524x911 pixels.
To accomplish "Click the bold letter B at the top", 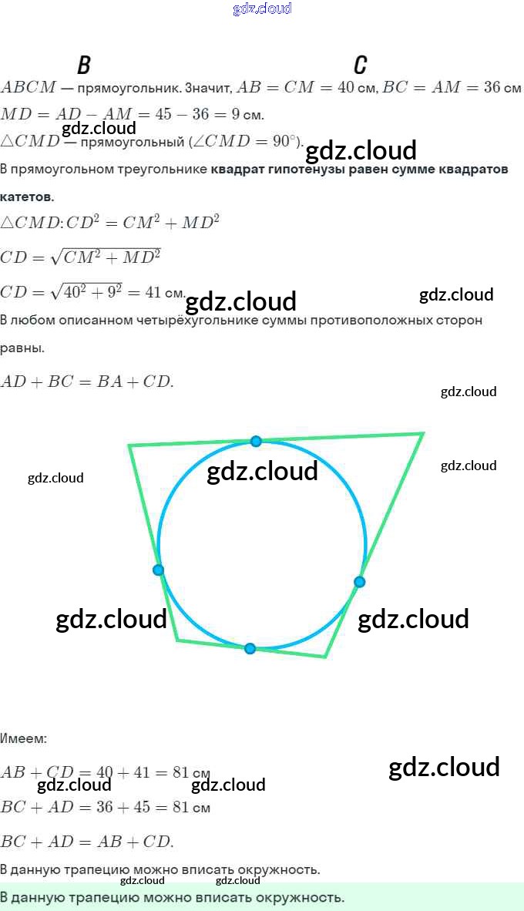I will pyautogui.click(x=84, y=65).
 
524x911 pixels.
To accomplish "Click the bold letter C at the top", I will pyautogui.click(x=360, y=65).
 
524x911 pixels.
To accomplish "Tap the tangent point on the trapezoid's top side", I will pyautogui.click(x=256, y=441).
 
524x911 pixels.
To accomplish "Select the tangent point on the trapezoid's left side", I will pyautogui.click(x=158, y=570).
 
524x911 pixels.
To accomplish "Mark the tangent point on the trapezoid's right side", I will pyautogui.click(x=359, y=582).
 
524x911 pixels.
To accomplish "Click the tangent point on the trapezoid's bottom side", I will pyautogui.click(x=250, y=648).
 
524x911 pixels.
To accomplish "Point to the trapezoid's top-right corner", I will pyautogui.click(x=423, y=434).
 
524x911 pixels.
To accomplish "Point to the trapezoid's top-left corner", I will pyautogui.click(x=129, y=445).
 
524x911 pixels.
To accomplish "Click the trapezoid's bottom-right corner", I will pyautogui.click(x=326, y=657).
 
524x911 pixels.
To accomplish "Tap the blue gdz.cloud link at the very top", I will pyautogui.click(x=262, y=9).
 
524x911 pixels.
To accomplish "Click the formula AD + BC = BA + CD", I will pyautogui.click(x=87, y=382).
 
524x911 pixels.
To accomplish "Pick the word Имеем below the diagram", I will pyautogui.click(x=23, y=738).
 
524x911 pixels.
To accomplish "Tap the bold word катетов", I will pyautogui.click(x=27, y=197).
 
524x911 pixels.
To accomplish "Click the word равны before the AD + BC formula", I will pyautogui.click(x=22, y=348).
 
